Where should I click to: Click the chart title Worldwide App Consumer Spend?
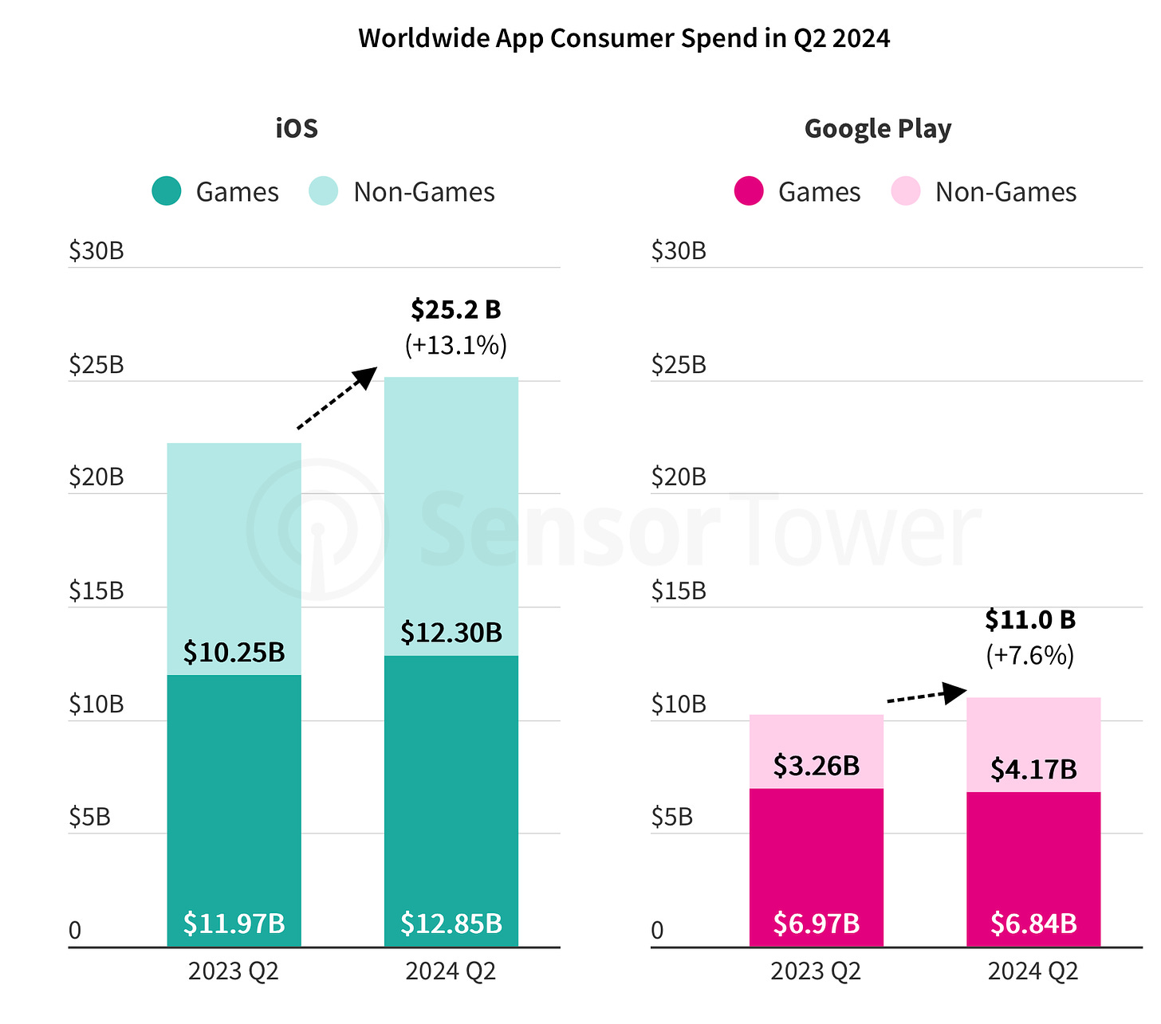pyautogui.click(x=624, y=38)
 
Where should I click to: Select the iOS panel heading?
pyautogui.click(x=297, y=128)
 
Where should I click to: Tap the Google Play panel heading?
pyautogui.click(x=877, y=128)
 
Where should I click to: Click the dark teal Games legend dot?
pyautogui.click(x=167, y=191)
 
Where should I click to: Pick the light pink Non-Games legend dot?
pyautogui.click(x=906, y=191)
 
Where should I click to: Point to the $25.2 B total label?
pyautogui.click(x=455, y=309)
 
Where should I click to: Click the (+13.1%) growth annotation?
pyautogui.click(x=455, y=345)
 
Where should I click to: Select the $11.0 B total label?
pyautogui.click(x=1030, y=619)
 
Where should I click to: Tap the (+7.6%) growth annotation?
pyautogui.click(x=1030, y=655)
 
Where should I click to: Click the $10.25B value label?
pyautogui.click(x=234, y=652)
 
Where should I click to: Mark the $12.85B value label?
pyautogui.click(x=451, y=923)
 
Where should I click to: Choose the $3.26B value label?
pyautogui.click(x=817, y=765)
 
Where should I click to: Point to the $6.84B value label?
pyautogui.click(x=1033, y=923)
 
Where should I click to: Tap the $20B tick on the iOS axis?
pyautogui.click(x=96, y=477)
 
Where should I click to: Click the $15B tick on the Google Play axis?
pyautogui.click(x=678, y=590)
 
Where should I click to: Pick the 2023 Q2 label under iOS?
pyautogui.click(x=234, y=971)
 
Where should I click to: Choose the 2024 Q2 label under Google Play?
pyautogui.click(x=1033, y=971)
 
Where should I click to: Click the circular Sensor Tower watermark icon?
pyautogui.click(x=317, y=529)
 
